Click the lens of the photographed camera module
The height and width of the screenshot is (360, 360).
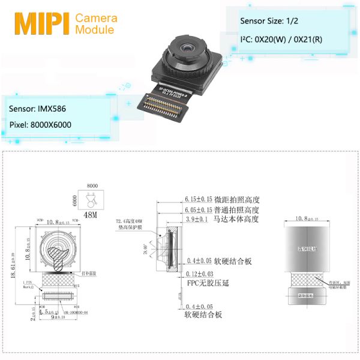click(187, 46)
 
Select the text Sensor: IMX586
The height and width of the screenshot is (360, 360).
click(38, 110)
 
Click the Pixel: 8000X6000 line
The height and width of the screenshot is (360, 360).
click(40, 127)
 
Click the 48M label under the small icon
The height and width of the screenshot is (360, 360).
click(92, 215)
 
